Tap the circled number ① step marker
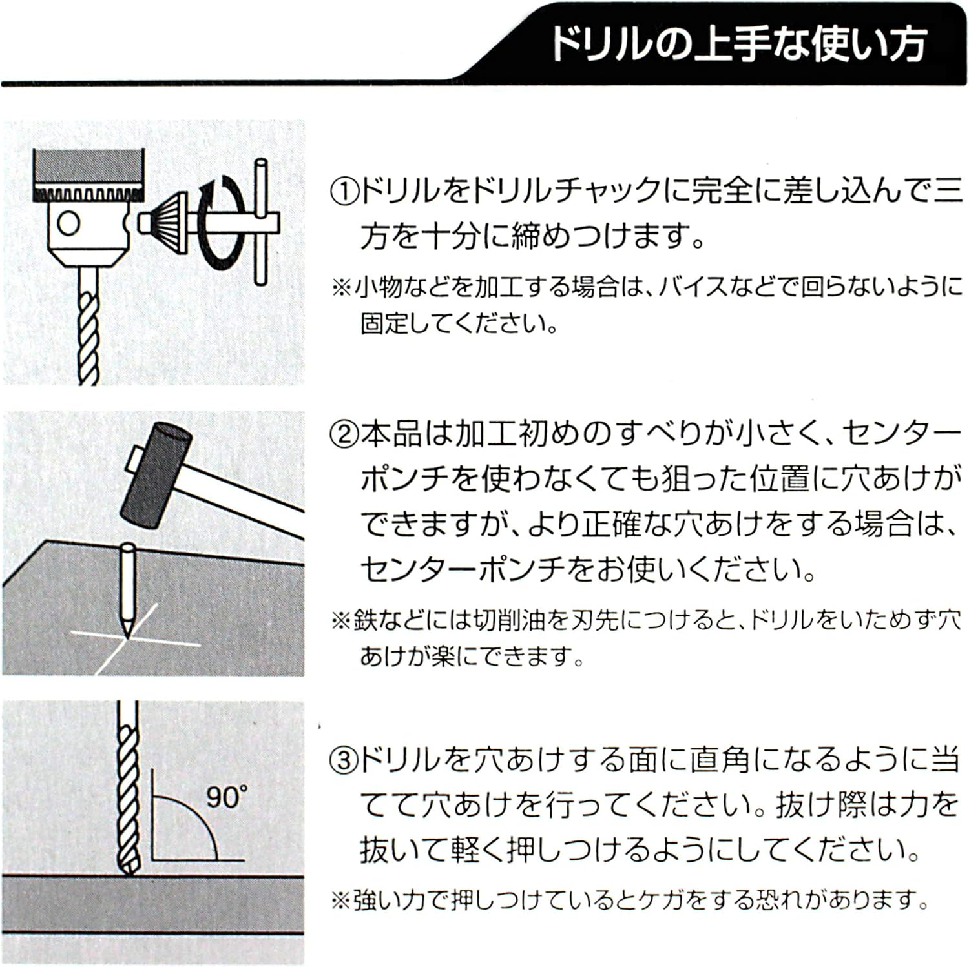pos(343,192)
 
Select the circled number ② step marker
pos(343,434)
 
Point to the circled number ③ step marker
pos(343,760)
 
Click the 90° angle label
pos(226,797)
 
